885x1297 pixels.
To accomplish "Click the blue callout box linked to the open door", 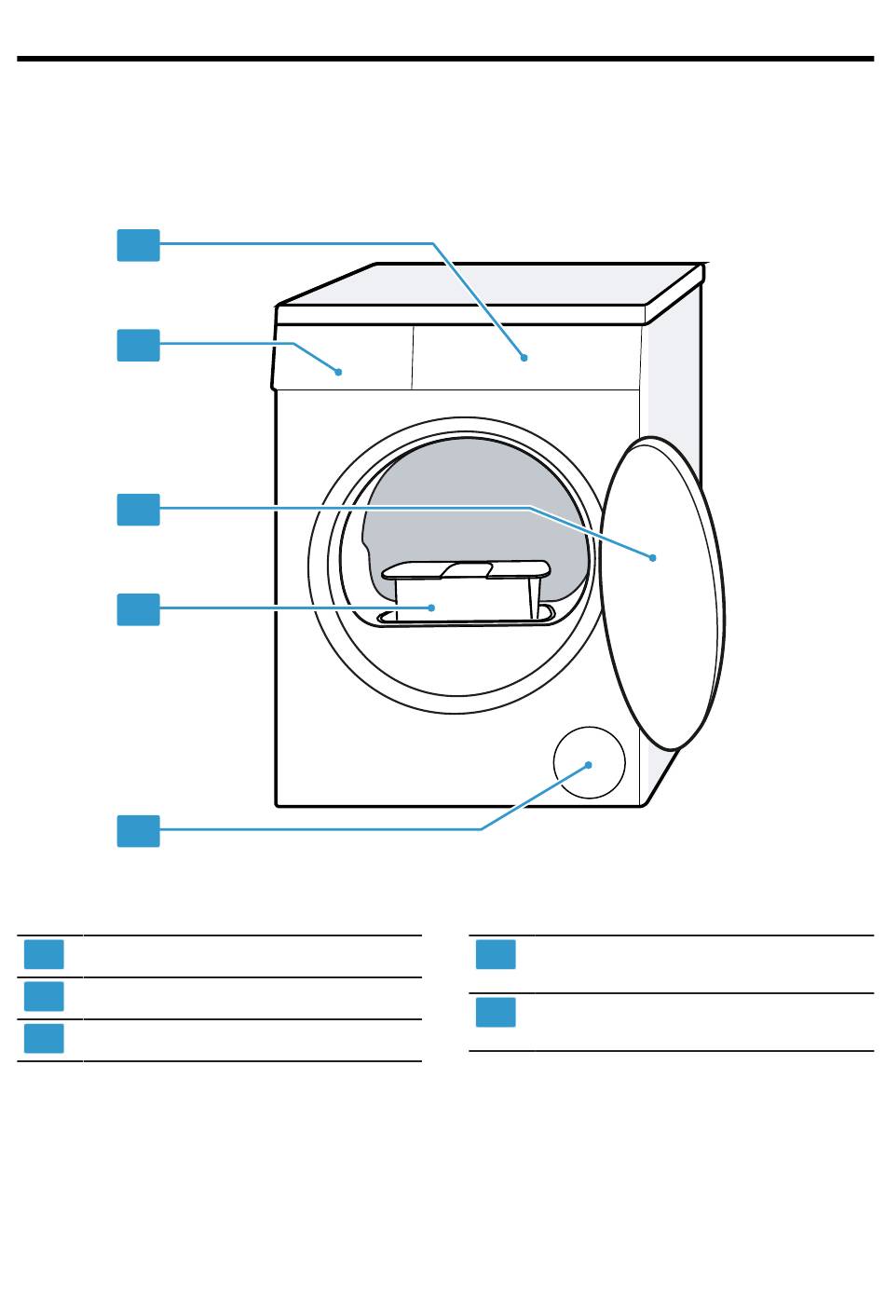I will click(138, 510).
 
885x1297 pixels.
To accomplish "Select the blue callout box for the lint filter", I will click(138, 609).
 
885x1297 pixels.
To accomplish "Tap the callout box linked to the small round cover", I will click(138, 830).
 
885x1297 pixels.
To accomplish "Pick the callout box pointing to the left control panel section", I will click(138, 345).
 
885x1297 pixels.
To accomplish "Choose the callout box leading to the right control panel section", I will click(138, 245).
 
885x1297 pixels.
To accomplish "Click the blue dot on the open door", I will click(653, 557).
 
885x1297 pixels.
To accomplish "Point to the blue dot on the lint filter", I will click(431, 607).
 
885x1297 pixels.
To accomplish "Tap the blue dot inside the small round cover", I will click(589, 764).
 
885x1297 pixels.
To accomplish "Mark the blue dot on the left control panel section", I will click(339, 371).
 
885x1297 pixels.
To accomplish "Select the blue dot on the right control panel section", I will click(524, 357).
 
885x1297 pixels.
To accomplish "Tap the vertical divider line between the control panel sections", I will click(413, 358).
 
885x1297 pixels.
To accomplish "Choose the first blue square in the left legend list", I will click(44, 955).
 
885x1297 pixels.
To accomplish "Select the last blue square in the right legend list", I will click(496, 1013).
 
